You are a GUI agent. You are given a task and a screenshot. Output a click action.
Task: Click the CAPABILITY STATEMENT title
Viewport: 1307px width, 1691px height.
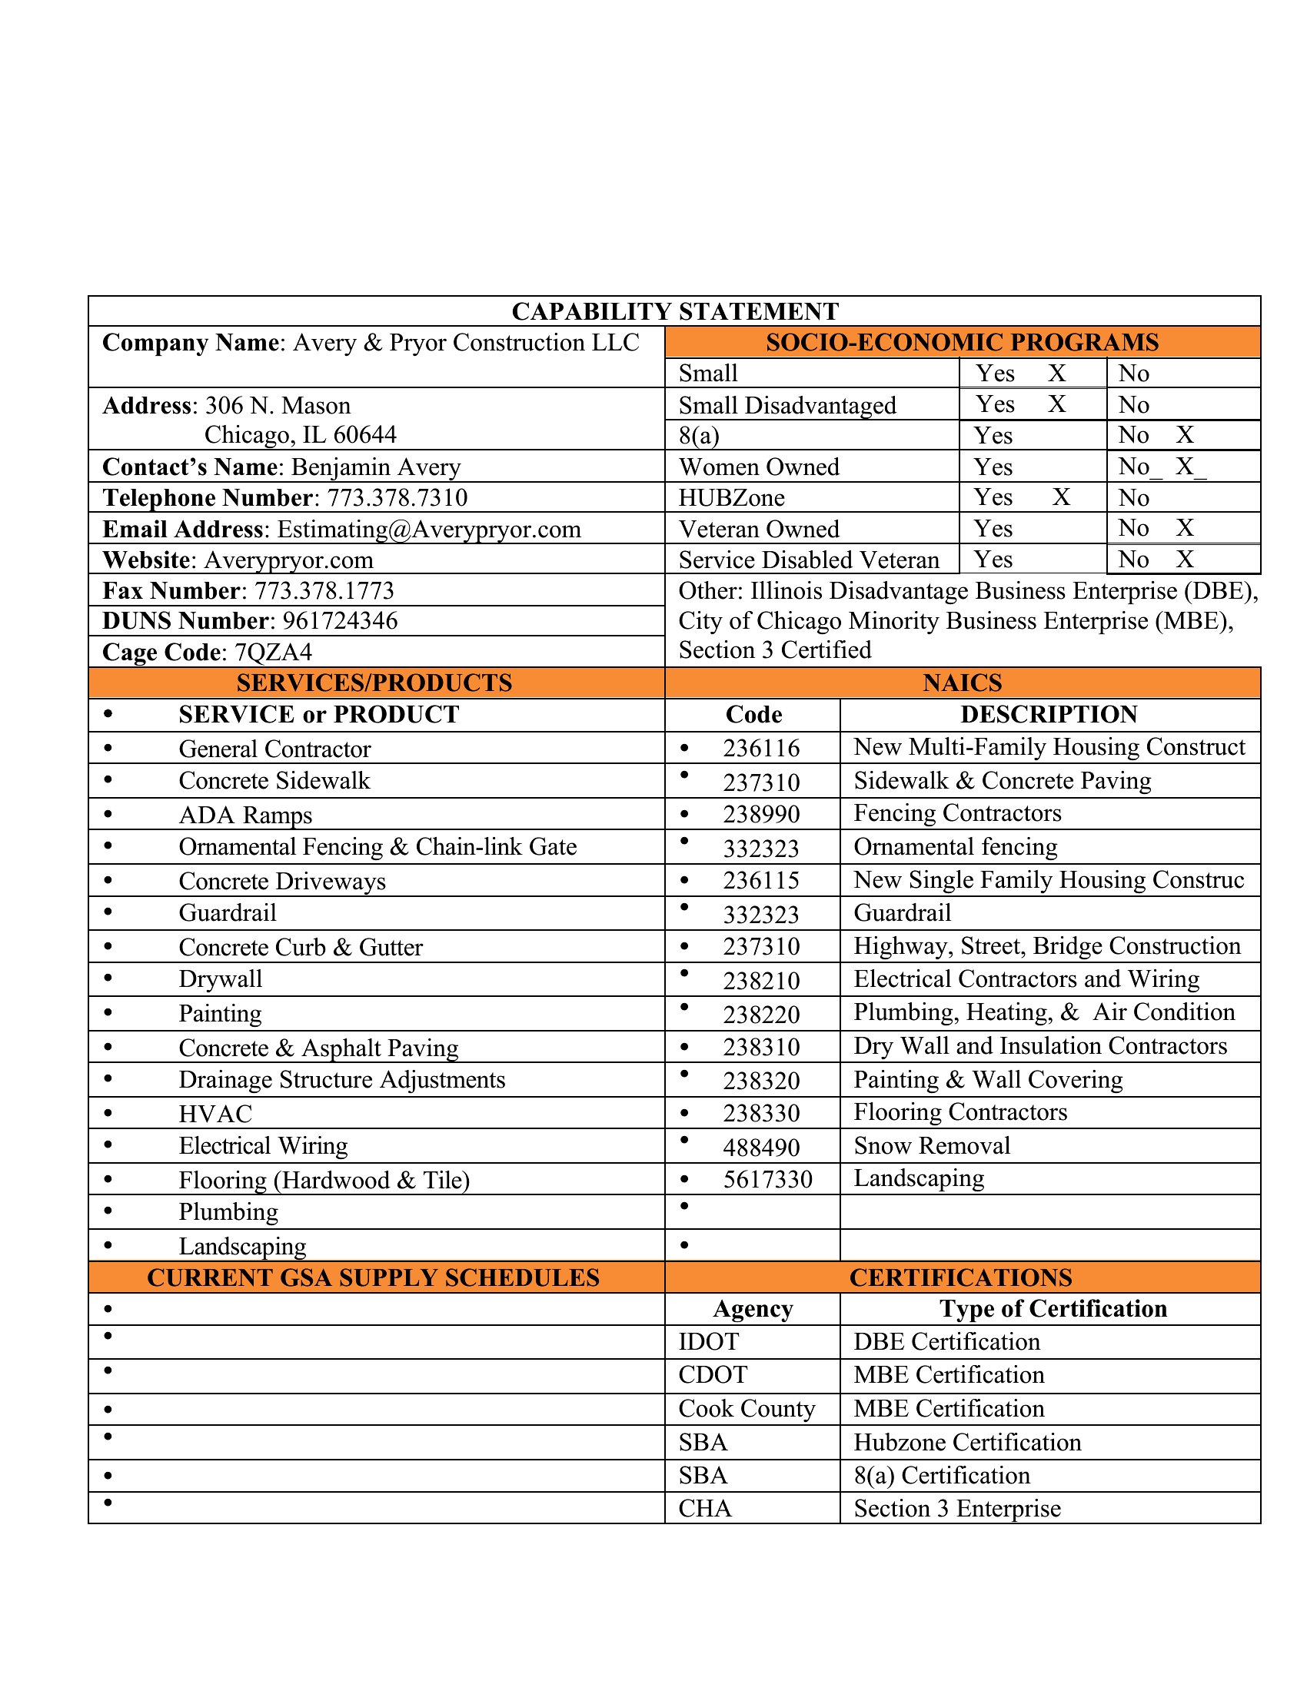click(674, 311)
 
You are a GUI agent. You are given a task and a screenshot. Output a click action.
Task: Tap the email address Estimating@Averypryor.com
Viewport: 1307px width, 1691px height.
click(429, 530)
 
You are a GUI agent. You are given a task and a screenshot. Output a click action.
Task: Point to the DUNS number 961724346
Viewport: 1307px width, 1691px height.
click(340, 621)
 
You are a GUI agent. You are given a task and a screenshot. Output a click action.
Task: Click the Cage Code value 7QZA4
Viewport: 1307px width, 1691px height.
click(274, 653)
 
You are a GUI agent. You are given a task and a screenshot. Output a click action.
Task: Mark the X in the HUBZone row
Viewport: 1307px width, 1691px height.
click(1062, 497)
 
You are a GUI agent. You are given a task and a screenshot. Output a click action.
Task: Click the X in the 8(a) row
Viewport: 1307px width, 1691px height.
click(1185, 435)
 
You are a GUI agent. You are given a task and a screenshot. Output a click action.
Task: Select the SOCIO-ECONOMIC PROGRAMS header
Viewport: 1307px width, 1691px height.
click(962, 342)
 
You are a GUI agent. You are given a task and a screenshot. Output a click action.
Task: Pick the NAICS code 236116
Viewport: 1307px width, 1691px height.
click(761, 749)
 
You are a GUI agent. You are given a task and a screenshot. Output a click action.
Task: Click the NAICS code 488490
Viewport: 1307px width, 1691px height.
click(761, 1148)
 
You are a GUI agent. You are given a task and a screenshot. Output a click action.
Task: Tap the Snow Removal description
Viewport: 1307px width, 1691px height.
click(932, 1146)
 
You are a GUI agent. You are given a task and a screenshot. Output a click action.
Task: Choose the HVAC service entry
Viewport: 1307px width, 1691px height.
click(215, 1115)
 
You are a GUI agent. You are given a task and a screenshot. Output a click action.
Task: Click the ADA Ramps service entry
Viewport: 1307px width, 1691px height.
click(245, 816)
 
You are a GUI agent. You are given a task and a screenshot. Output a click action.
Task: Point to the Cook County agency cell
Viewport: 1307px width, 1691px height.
click(747, 1409)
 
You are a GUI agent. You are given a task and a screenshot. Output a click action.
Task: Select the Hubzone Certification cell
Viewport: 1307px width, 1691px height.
click(967, 1443)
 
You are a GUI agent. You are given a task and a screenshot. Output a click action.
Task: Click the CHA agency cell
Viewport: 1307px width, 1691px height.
click(704, 1509)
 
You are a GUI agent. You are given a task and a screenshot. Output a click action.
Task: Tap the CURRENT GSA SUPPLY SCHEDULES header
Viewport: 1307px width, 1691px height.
click(373, 1277)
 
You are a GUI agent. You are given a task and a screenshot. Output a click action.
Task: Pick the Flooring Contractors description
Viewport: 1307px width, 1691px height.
click(960, 1113)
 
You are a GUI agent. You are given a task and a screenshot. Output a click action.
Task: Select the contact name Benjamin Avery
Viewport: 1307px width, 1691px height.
click(375, 467)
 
